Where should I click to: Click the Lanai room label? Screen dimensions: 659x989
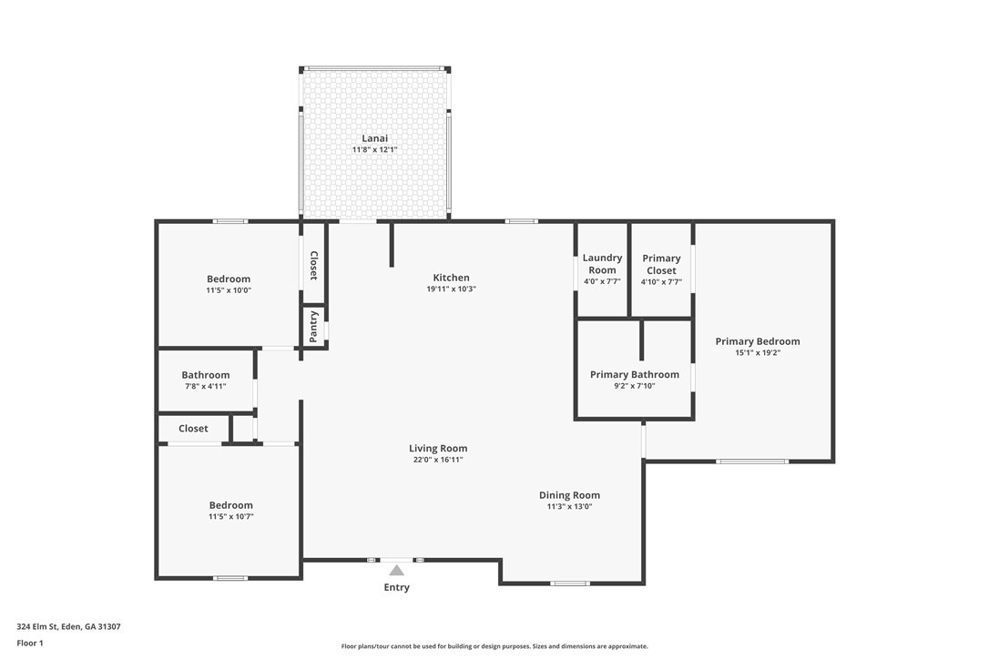[374, 138]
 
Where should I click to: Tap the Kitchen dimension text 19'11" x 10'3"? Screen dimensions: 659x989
[451, 289]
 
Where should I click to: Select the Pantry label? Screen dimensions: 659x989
[314, 327]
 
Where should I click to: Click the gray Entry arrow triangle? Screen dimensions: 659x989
[396, 571]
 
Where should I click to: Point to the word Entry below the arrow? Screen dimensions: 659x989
[396, 588]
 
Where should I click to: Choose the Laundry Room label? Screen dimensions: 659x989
[602, 264]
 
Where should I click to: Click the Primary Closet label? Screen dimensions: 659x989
[661, 264]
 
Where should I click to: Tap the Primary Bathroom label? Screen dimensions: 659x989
[634, 374]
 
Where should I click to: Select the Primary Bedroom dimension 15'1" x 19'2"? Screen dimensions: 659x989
[758, 353]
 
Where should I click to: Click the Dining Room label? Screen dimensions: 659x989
[569, 495]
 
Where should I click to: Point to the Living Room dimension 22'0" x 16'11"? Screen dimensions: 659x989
[438, 460]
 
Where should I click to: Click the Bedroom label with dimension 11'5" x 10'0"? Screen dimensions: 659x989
[229, 279]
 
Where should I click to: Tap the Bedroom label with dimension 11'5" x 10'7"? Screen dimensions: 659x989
[230, 505]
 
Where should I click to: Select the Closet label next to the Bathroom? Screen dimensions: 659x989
[193, 429]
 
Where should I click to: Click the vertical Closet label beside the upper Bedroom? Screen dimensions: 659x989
[314, 265]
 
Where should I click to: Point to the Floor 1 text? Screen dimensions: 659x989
[29, 643]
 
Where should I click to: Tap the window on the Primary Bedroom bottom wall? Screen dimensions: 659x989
[752, 461]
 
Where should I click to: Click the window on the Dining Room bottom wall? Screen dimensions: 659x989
[569, 583]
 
